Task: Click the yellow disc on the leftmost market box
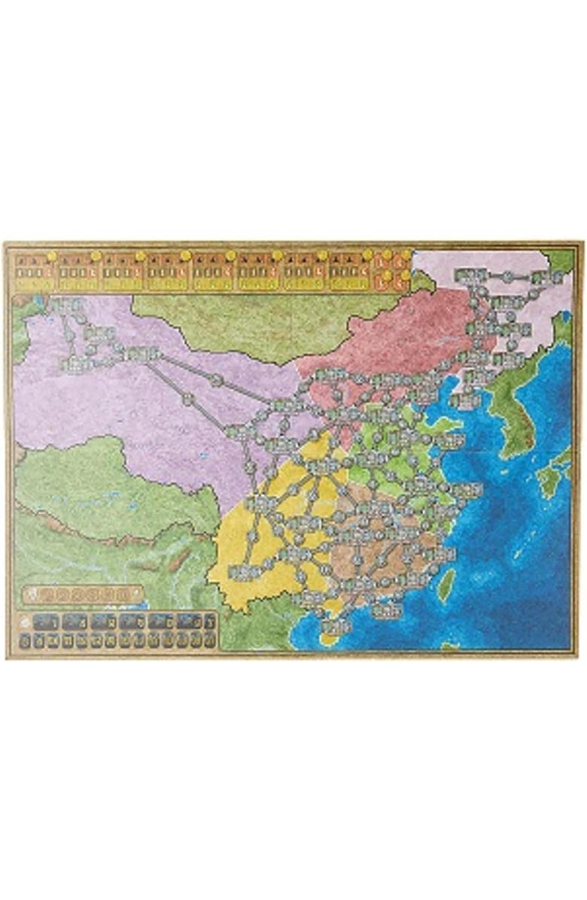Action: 50,256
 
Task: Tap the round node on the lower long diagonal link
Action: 188,400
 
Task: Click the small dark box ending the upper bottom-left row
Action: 209,621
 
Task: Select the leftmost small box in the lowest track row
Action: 26,640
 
